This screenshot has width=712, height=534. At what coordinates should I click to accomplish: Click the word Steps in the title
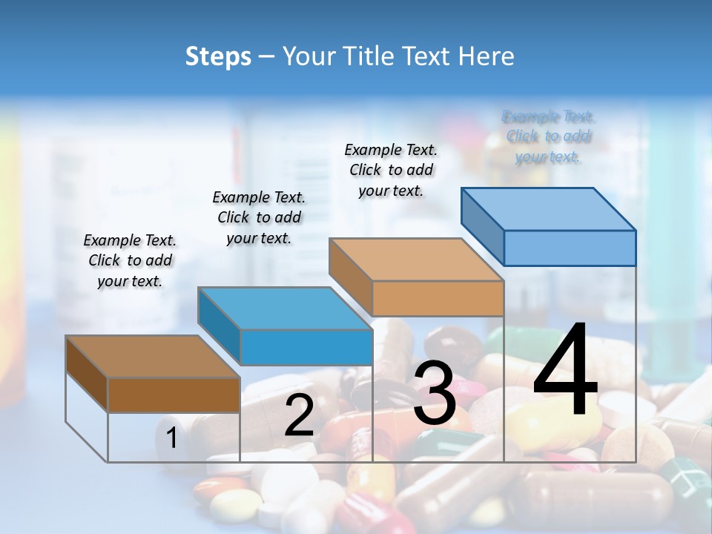[x=218, y=56]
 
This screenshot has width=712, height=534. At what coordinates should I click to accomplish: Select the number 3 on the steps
[x=435, y=394]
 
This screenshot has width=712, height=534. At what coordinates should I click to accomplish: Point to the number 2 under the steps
[x=299, y=415]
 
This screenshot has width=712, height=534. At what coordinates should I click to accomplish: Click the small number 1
[x=171, y=438]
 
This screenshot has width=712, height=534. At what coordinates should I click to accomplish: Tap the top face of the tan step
[x=415, y=260]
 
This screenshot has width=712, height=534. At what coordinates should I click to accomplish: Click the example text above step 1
[x=131, y=260]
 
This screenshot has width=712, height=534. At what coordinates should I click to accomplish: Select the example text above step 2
[x=259, y=217]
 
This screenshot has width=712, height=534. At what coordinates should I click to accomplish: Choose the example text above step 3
[x=391, y=170]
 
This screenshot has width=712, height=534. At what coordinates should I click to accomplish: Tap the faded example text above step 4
[x=548, y=136]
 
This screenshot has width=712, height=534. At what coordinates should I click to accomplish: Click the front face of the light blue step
[x=570, y=248]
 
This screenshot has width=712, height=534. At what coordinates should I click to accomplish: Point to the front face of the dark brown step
[x=174, y=395]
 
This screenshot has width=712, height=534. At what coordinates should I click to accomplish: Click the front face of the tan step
[x=438, y=298]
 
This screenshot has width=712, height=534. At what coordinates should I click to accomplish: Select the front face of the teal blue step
[x=306, y=347]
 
